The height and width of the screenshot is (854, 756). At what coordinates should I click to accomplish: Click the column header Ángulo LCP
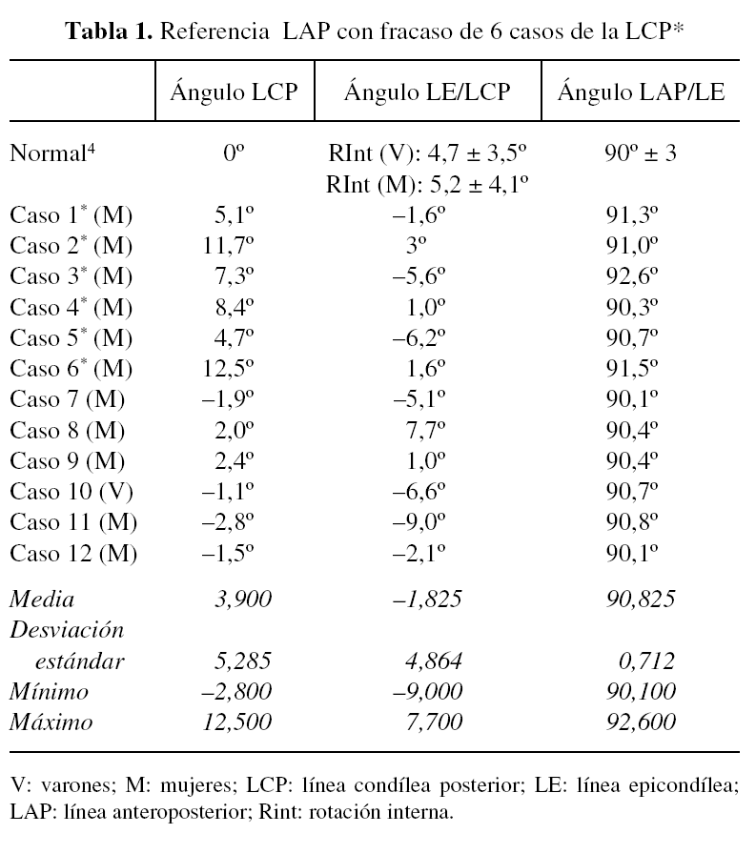234,92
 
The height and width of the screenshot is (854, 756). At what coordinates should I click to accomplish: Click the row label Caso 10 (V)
72,492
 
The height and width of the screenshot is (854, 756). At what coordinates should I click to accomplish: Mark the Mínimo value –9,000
427,691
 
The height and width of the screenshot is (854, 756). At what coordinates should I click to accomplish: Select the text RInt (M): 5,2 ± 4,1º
427,183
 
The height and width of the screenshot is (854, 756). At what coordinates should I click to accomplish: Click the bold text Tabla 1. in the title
108,30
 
